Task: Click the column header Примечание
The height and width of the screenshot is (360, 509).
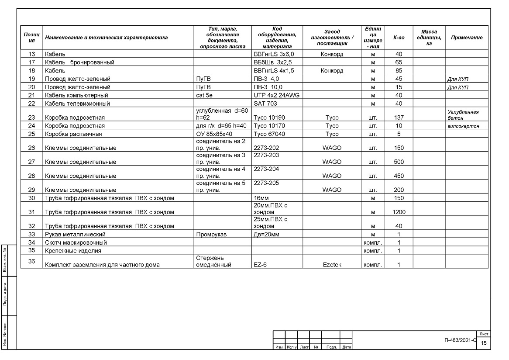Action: point(467,38)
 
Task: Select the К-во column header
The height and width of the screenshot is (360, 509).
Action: point(399,38)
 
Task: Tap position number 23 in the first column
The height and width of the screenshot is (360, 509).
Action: point(31,118)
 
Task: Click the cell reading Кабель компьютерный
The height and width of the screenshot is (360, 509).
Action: point(76,95)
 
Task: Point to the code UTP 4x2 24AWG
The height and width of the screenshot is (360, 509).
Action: point(276,95)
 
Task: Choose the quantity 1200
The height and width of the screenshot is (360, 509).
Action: point(399,212)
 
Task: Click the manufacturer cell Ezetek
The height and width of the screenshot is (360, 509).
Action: point(332,265)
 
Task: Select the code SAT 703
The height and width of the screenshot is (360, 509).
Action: point(265,104)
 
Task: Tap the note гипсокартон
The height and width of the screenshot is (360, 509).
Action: point(464,126)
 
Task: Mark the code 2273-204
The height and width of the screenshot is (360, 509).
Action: point(266,169)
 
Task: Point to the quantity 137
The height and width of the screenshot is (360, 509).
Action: point(399,118)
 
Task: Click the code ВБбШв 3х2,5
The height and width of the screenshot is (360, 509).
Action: point(272,62)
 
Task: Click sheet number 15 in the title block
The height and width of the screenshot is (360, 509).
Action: point(484,343)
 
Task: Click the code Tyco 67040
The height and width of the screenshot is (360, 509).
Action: point(270,134)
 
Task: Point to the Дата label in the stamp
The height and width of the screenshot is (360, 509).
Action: point(347,347)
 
